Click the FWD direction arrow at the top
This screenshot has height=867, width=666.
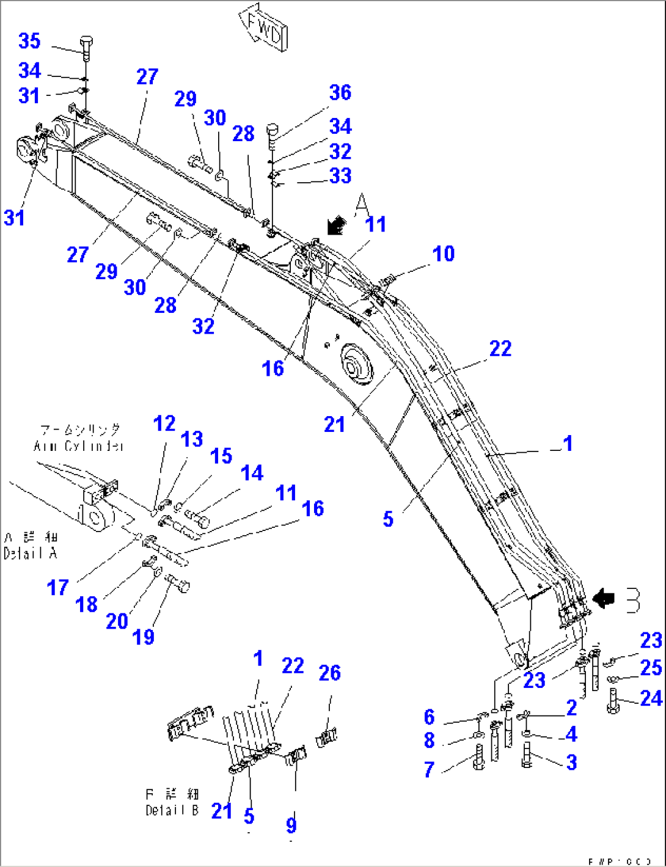(x=264, y=27)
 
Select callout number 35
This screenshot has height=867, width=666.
(x=29, y=41)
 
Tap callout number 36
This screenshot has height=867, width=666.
(x=340, y=92)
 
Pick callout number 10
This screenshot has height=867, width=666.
(x=444, y=254)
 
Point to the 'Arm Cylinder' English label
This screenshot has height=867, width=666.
(x=79, y=446)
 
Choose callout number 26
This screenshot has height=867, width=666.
(x=330, y=673)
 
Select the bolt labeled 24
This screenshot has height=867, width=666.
(x=614, y=700)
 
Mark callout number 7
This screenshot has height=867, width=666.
(x=430, y=769)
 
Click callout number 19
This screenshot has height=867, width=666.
(x=144, y=637)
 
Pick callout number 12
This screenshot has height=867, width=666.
(x=164, y=423)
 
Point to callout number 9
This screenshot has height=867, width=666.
(x=291, y=825)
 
